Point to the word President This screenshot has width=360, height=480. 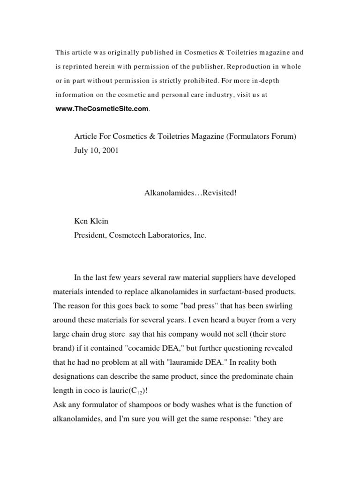click(90, 236)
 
